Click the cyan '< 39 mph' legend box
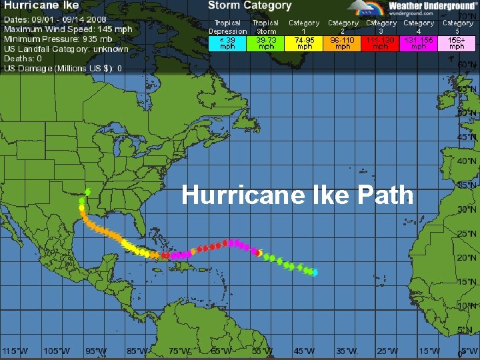coord(228,43)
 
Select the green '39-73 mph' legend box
coord(266,43)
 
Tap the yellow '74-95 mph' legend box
coord(304,43)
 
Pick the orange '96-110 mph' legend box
coord(343,43)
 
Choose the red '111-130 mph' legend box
coord(381,43)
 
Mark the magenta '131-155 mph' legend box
coord(419,43)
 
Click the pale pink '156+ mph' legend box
coord(457,43)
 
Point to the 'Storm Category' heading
coord(249,6)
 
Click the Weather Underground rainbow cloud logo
coord(369,9)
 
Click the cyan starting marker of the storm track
coord(315,273)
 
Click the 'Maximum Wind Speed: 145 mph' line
coord(68,29)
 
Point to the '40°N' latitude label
coord(467,161)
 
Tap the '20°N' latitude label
coord(467,257)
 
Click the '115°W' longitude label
coord(15,351)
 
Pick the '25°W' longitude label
coord(387,351)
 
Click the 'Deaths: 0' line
coord(23,59)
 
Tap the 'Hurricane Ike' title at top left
coord(41,6)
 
